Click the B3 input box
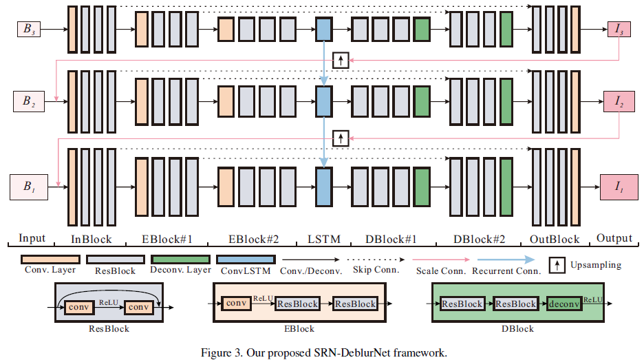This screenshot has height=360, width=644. click(x=30, y=29)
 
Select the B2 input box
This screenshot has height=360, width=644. click(x=28, y=102)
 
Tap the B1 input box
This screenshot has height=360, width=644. click(x=28, y=186)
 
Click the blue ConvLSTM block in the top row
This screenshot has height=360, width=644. click(x=323, y=29)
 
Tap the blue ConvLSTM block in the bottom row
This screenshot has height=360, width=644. click(x=323, y=186)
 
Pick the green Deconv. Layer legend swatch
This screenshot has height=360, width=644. click(x=180, y=260)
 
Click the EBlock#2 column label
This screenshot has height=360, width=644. click(x=254, y=240)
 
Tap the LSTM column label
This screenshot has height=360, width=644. click(x=323, y=240)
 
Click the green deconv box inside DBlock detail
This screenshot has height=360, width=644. click(x=566, y=304)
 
